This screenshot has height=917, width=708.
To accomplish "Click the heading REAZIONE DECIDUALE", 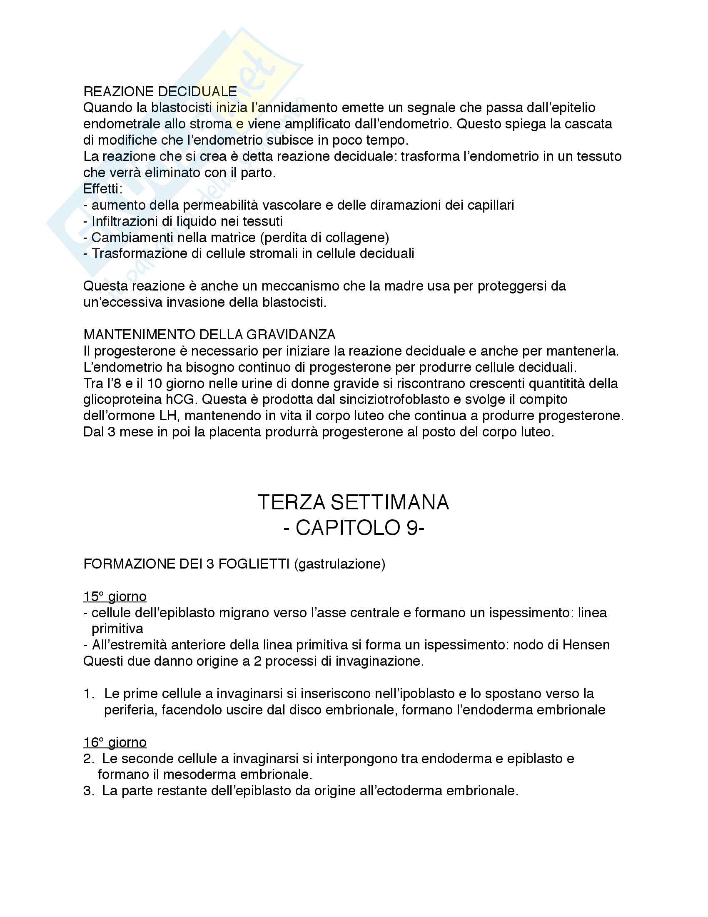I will pos(160,92).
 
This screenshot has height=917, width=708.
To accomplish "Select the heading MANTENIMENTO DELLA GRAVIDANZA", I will pos(209,335).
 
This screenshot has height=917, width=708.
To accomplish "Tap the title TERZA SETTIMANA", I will pos(353,503).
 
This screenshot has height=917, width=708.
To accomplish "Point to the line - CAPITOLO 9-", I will pos(354,528).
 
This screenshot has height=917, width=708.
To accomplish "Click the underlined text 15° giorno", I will pos(115,596).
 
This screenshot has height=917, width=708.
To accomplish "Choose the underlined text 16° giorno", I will pos(115,742).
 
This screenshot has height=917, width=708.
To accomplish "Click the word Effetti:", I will pos(103,189).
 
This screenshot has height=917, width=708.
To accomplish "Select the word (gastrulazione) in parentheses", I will pos(339,564).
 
